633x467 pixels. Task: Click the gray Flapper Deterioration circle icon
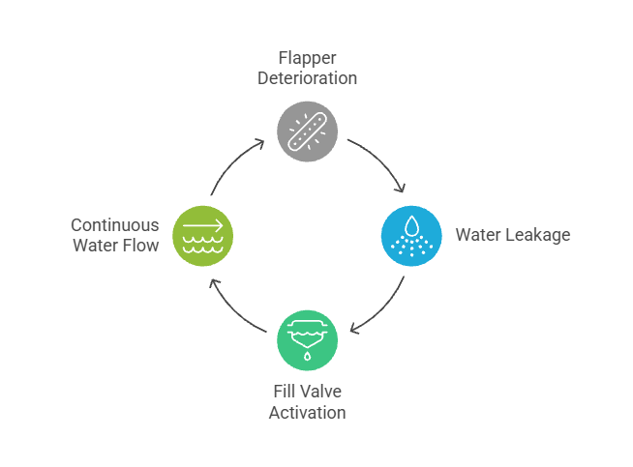pyautogui.click(x=308, y=130)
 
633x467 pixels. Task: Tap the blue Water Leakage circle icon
pyautogui.click(x=412, y=235)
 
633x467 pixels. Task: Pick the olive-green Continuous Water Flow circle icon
pyautogui.click(x=202, y=235)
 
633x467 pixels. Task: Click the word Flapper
pyautogui.click(x=308, y=58)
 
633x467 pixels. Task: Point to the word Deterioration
pyautogui.click(x=308, y=77)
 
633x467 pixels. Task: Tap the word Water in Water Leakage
pyautogui.click(x=477, y=235)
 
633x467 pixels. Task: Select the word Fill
pyautogui.click(x=284, y=393)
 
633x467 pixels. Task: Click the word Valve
pyautogui.click(x=322, y=393)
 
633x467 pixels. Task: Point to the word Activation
pyautogui.click(x=308, y=412)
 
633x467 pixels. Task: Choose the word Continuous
pyautogui.click(x=115, y=225)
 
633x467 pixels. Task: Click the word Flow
pyautogui.click(x=140, y=246)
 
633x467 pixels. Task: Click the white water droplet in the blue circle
pyautogui.click(x=412, y=225)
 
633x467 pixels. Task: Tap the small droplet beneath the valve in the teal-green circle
pyautogui.click(x=308, y=356)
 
